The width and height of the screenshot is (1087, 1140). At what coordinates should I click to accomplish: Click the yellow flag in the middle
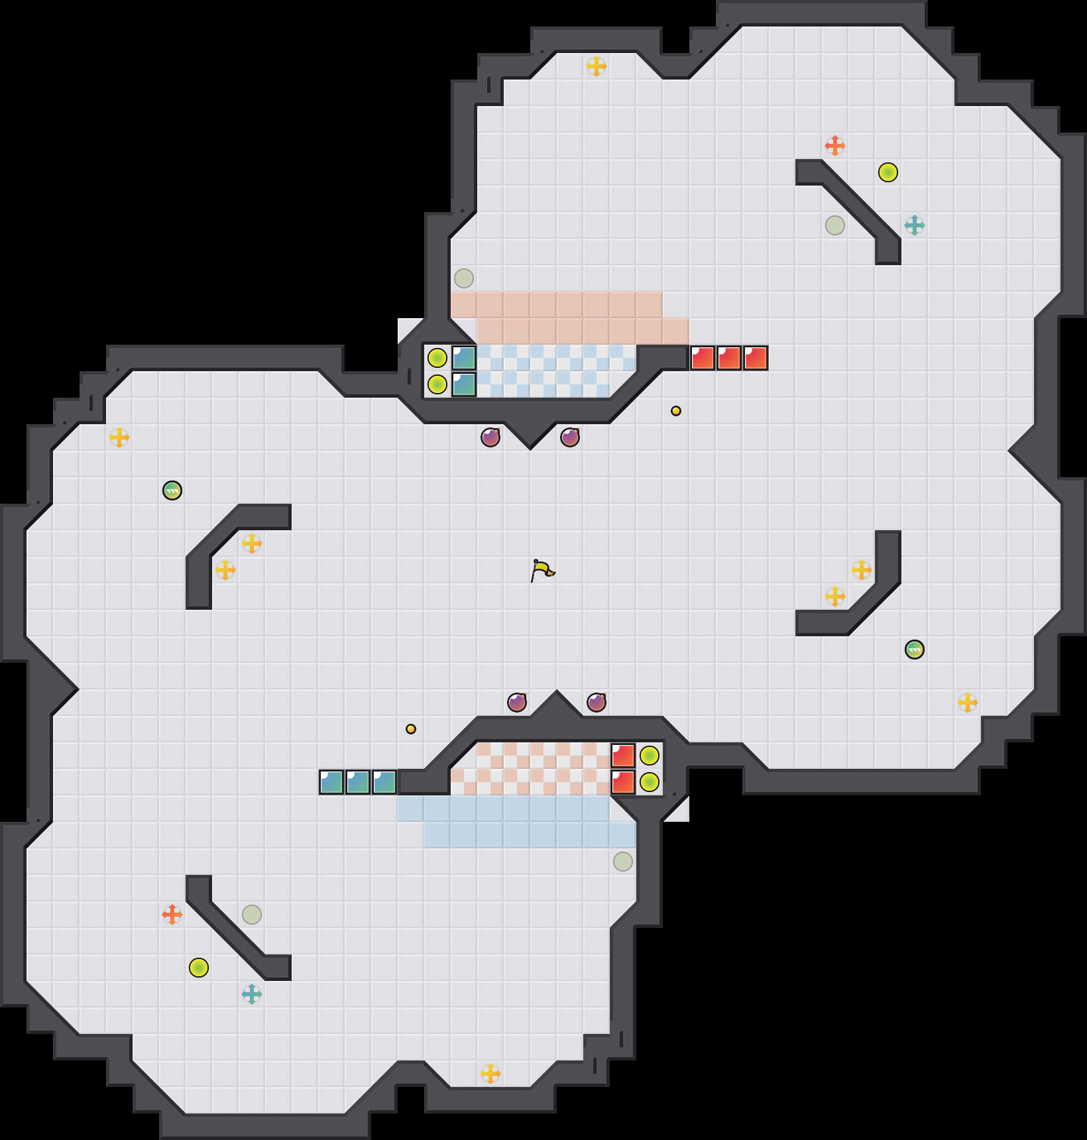pos(542,570)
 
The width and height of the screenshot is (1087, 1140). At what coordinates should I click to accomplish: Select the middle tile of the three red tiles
pos(729,358)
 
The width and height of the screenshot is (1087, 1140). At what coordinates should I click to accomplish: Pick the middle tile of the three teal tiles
pos(358,782)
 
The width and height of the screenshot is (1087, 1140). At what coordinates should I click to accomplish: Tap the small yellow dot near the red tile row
pos(676,411)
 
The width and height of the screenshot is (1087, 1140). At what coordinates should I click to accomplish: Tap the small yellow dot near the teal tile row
pos(411,729)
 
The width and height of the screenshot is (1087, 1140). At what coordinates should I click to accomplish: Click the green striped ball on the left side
pos(172,490)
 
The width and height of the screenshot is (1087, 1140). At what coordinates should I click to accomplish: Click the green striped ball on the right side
pos(915,650)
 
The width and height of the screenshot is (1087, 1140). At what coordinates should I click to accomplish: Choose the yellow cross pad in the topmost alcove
pos(597,66)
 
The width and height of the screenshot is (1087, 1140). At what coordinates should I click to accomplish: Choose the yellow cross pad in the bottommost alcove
pos(490,1074)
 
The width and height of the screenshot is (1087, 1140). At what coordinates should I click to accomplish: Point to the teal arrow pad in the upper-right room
pos(915,225)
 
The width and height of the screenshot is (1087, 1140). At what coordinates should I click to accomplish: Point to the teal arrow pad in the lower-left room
pos(252,994)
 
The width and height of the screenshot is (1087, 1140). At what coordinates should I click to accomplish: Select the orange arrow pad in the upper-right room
pos(835,146)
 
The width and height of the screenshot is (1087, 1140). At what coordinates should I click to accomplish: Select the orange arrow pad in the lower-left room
pos(172,915)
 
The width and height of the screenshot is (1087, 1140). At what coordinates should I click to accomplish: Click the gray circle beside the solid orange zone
pos(464,278)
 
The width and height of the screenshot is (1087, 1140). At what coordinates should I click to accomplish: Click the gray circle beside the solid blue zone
pos(623,862)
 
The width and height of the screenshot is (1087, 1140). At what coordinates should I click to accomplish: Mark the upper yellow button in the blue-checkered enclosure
pos(437,358)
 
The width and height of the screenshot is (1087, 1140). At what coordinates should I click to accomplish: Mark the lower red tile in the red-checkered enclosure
pos(623,782)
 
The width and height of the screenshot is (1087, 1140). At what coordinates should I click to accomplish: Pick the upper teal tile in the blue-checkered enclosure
pos(464,358)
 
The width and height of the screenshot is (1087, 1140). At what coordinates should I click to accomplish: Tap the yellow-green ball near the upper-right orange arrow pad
pos(888,172)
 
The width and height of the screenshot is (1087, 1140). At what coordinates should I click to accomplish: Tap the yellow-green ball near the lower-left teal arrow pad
pos(199,968)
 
